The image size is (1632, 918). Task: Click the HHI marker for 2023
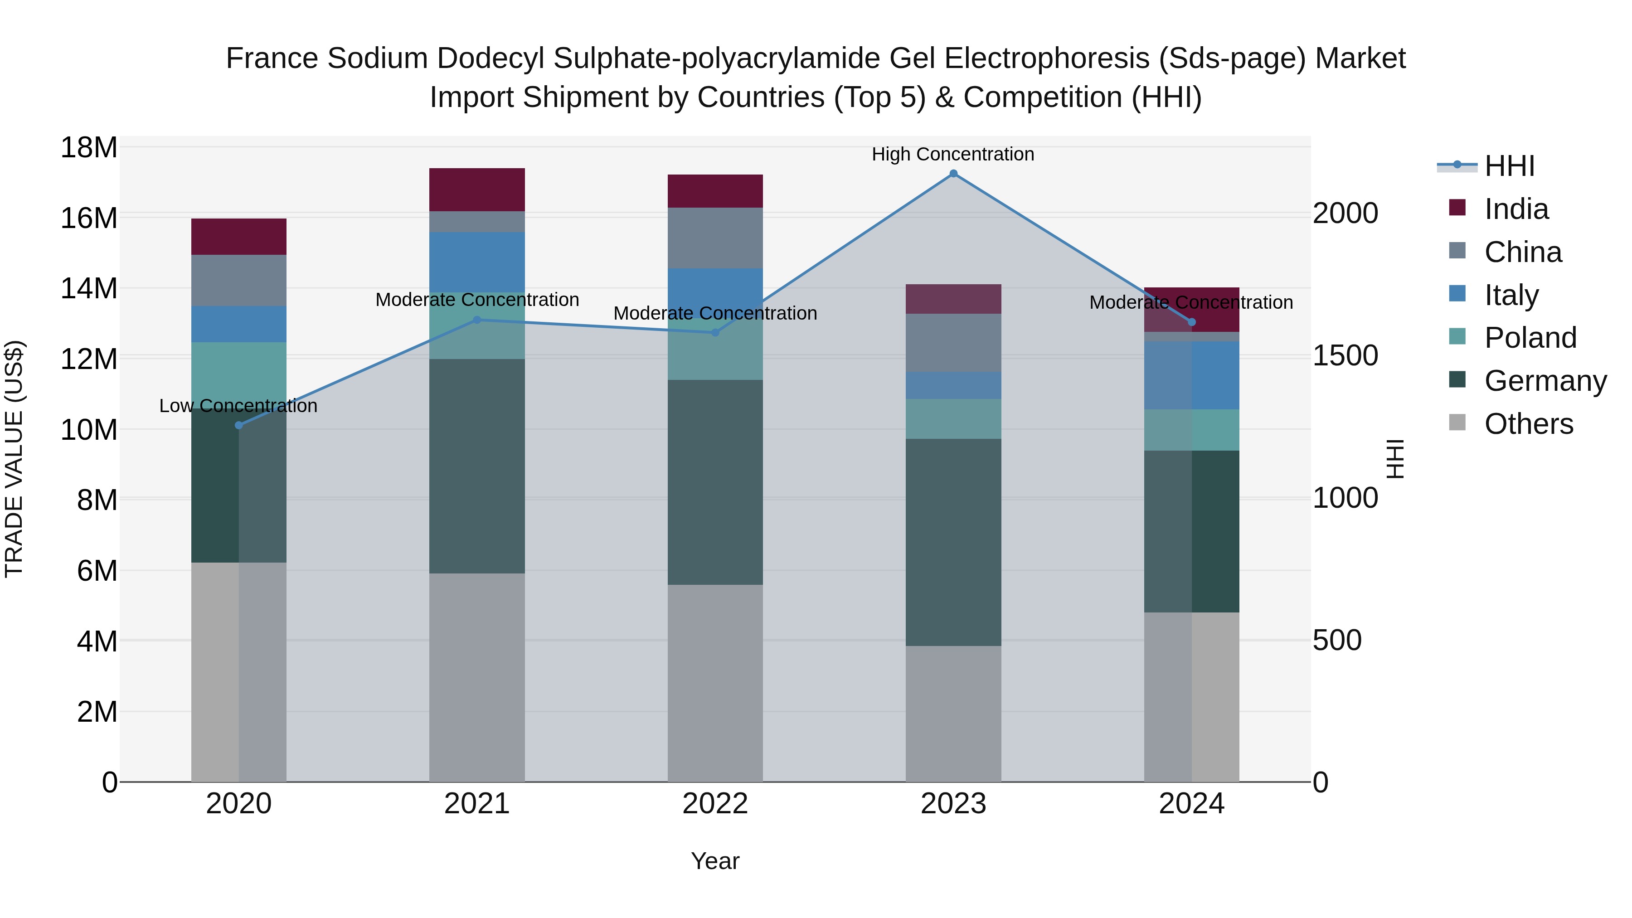tap(953, 174)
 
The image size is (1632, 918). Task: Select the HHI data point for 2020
tap(239, 425)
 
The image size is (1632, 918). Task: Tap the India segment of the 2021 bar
tap(477, 189)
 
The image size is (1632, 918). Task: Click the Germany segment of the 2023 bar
tap(953, 542)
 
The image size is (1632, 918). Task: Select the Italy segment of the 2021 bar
tap(477, 262)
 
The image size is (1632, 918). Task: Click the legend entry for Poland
tap(1530, 338)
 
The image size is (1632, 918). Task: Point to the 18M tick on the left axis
tap(89, 148)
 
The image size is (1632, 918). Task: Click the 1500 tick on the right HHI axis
tap(1345, 355)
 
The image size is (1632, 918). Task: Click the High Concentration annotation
tap(953, 154)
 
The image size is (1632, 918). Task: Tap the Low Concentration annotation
tap(238, 405)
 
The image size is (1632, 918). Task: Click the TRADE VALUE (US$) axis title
tap(14, 459)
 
